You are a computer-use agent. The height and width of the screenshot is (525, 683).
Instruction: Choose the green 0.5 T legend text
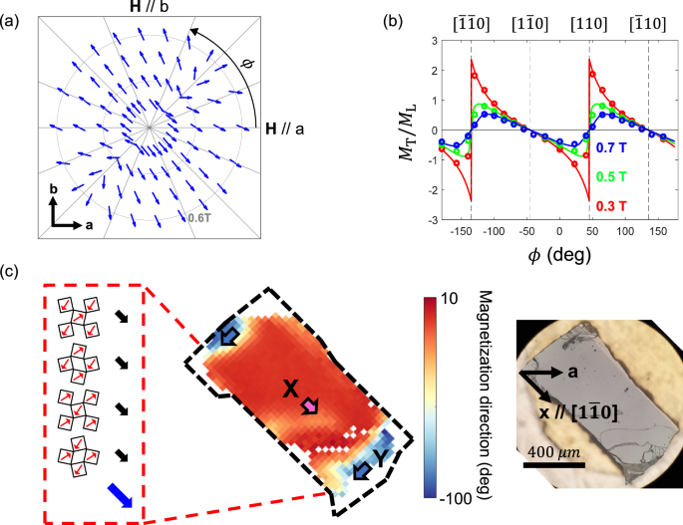coord(615,176)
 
